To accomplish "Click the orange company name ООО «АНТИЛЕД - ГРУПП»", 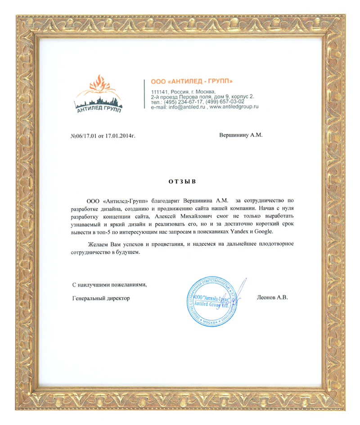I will click(191, 81).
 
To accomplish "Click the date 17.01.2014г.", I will click(120, 135).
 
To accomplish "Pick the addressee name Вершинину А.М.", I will click(240, 135).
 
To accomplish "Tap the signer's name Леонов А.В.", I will click(271, 298).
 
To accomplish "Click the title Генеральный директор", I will click(100, 298).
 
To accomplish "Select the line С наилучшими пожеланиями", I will click(109, 285).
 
